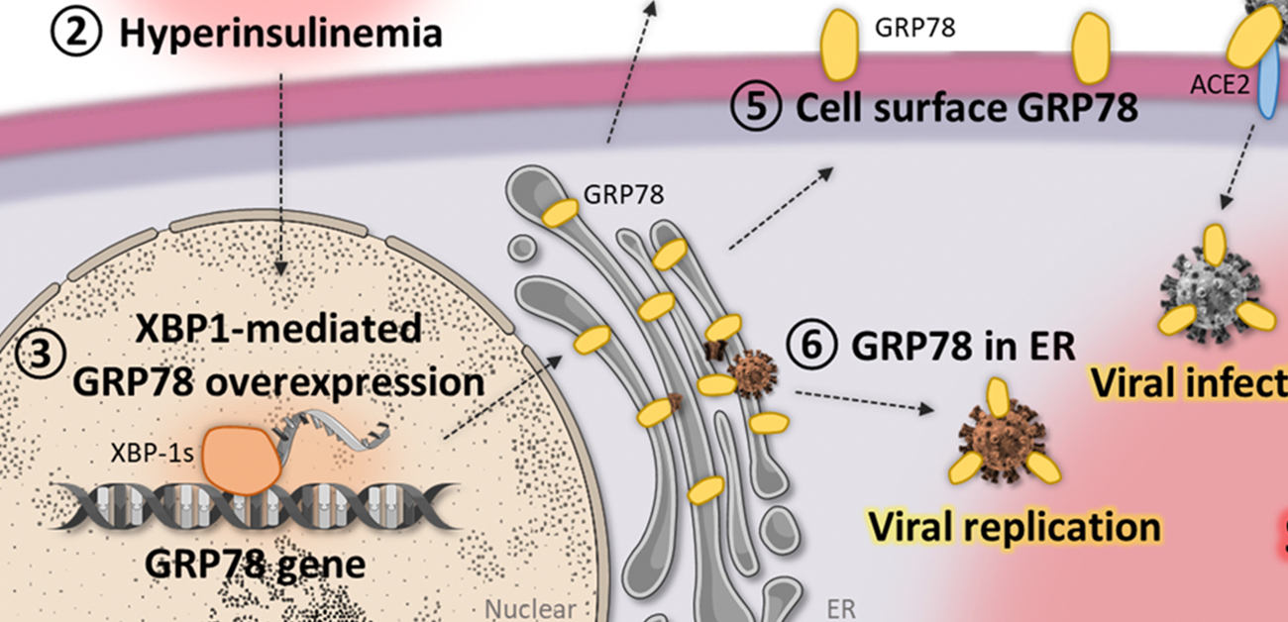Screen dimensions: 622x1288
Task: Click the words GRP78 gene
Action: click(x=256, y=563)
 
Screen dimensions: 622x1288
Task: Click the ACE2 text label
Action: click(x=1217, y=86)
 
